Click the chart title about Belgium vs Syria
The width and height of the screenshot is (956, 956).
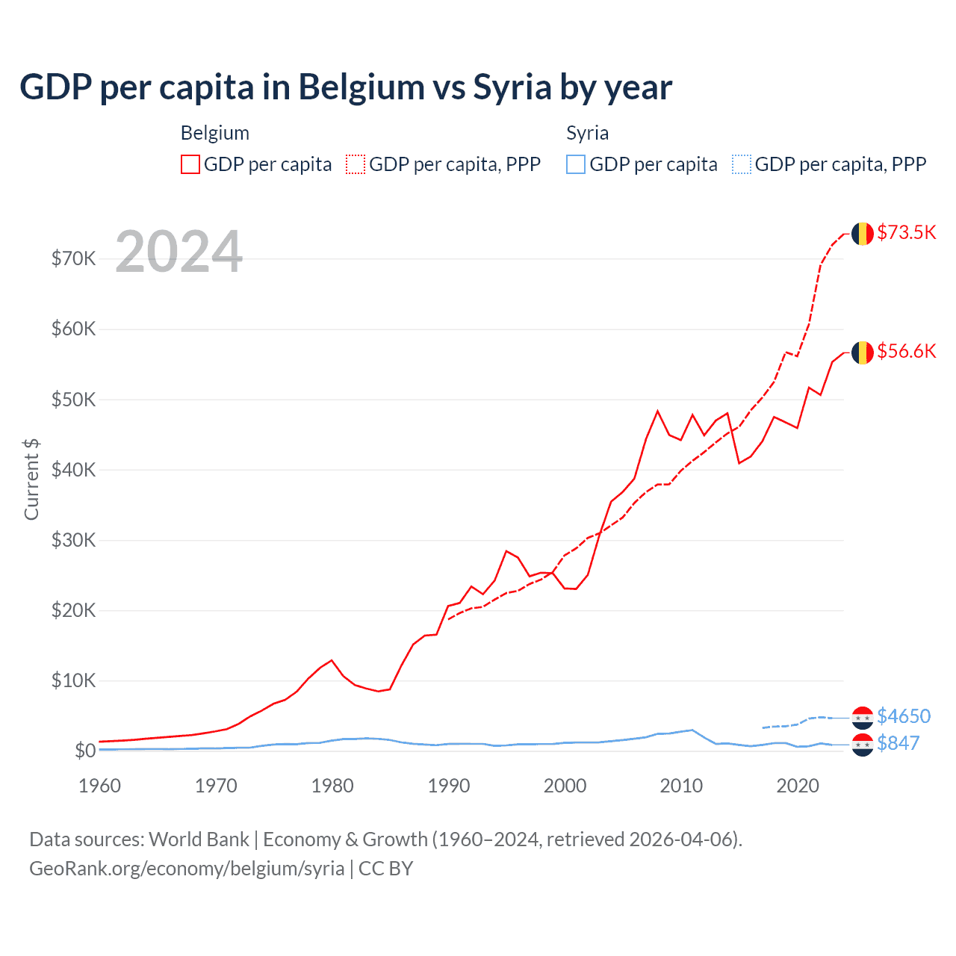346,87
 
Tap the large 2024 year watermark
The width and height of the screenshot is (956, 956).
179,252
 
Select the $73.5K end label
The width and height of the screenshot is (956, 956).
906,232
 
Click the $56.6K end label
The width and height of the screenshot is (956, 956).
906,351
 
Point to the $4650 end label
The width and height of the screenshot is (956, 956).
904,716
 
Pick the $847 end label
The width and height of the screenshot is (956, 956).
898,743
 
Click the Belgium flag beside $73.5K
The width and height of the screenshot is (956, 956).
863,234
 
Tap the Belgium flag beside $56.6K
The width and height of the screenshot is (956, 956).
863,353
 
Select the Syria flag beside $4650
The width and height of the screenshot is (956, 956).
863,718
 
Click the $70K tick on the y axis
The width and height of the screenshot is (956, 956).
74,259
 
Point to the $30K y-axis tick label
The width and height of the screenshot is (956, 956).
74,540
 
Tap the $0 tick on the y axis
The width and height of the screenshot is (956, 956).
85,751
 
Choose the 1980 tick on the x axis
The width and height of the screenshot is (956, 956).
332,786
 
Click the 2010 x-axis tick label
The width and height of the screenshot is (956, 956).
681,786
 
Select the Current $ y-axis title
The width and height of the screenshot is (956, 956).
31,479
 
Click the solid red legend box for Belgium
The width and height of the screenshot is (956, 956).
190,164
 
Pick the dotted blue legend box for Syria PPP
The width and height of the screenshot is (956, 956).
742,164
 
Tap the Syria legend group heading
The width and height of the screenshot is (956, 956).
588,133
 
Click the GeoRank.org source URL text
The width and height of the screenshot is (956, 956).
187,869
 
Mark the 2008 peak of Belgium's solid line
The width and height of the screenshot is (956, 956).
657,411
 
